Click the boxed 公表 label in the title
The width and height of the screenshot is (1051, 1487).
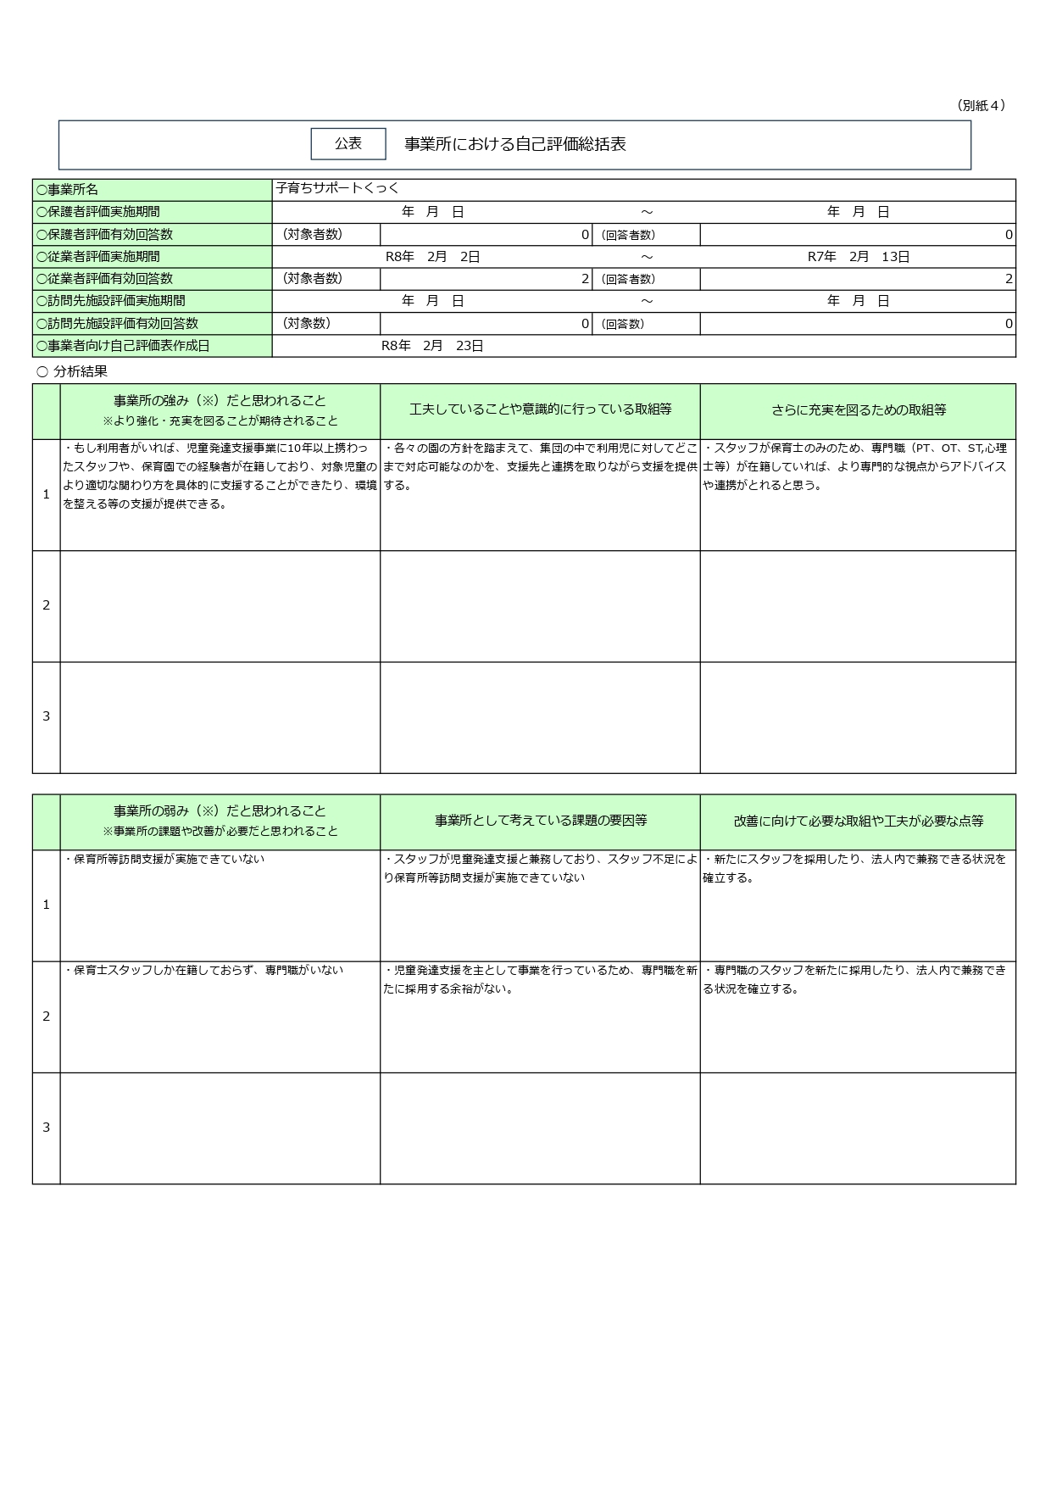pyautogui.click(x=348, y=144)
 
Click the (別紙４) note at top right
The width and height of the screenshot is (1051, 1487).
pyautogui.click(x=981, y=105)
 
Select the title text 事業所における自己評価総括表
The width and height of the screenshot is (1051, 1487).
pyautogui.click(x=514, y=144)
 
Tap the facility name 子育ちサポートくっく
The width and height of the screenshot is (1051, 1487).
pyautogui.click(x=336, y=188)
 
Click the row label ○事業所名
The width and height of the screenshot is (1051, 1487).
pyautogui.click(x=68, y=190)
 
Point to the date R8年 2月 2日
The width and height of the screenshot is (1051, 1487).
pyautogui.click(x=432, y=256)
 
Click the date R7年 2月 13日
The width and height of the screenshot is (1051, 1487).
pyautogui.click(x=858, y=256)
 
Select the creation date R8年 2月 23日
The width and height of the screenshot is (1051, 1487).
pyautogui.click(x=432, y=345)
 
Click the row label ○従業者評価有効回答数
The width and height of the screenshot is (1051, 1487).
pyautogui.click(x=104, y=278)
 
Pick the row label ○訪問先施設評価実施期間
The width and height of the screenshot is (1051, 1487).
pyautogui.click(x=111, y=300)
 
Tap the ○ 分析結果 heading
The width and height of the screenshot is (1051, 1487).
pyautogui.click(x=72, y=371)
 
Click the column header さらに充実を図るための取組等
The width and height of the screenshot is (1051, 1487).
pyautogui.click(x=858, y=410)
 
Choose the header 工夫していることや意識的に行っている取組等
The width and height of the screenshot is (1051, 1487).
pyautogui.click(x=540, y=410)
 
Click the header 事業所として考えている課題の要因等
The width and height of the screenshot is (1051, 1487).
pyautogui.click(x=540, y=821)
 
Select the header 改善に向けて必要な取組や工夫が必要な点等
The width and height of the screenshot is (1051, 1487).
pyautogui.click(x=858, y=821)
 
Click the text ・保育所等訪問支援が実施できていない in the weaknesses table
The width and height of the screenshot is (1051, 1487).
pyautogui.click(x=164, y=859)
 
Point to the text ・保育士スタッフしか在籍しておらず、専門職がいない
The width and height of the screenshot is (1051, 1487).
pyautogui.click(x=203, y=970)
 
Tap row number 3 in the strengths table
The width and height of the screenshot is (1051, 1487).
pyautogui.click(x=47, y=716)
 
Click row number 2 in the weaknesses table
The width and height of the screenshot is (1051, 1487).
pyautogui.click(x=47, y=1016)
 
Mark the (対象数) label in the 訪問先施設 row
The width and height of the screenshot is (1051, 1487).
pyautogui.click(x=306, y=323)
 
